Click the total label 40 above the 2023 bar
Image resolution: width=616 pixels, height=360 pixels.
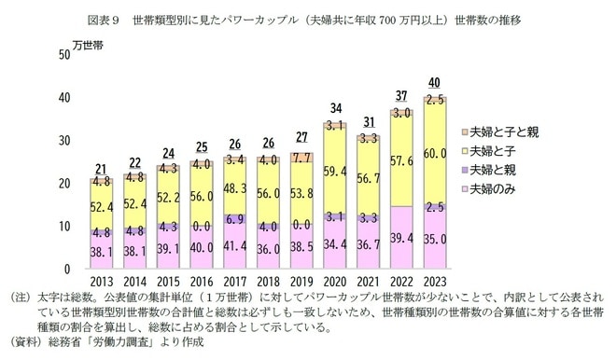(x=433, y=81)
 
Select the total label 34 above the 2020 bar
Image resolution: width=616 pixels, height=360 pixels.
(x=335, y=106)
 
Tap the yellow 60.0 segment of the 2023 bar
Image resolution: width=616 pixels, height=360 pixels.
(x=433, y=152)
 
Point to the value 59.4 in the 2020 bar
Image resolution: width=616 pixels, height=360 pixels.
(x=335, y=171)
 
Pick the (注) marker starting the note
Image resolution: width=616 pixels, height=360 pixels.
(x=20, y=298)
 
